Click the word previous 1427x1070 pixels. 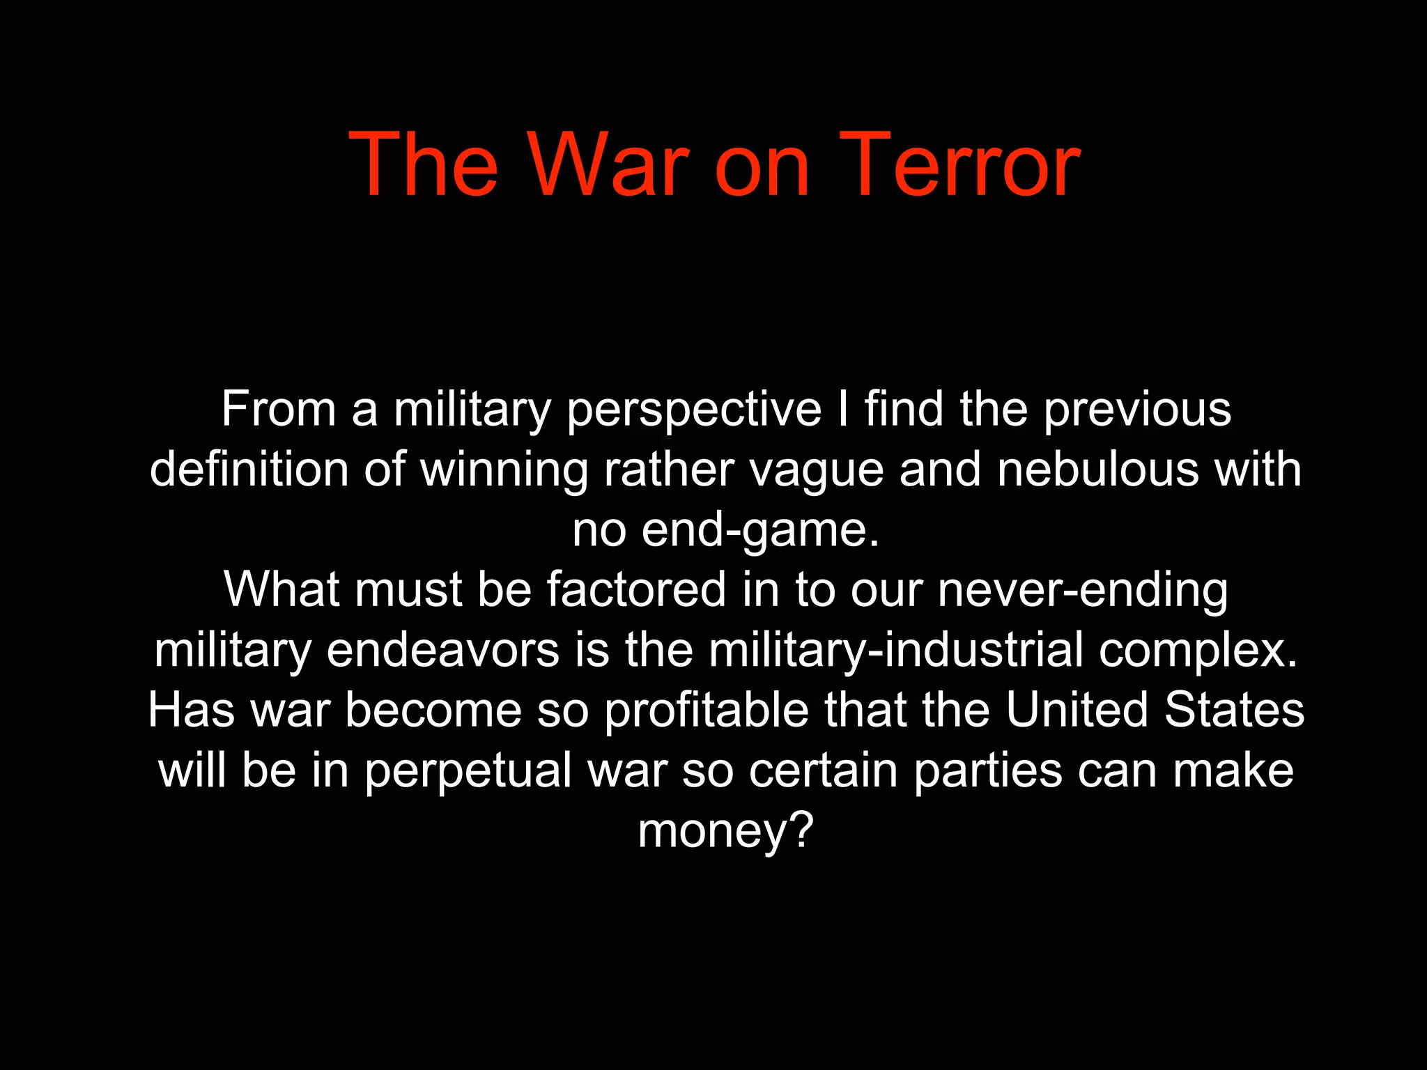point(1137,410)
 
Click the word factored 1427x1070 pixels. point(636,589)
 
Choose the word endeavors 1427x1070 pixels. point(443,650)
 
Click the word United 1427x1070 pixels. point(1077,710)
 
